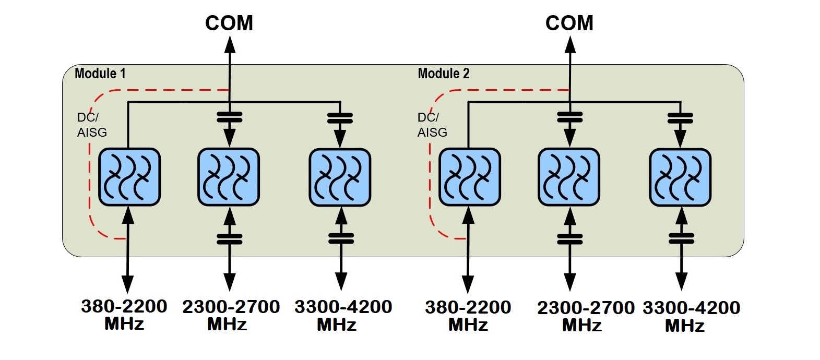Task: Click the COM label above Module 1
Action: [229, 23]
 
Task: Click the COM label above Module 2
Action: [569, 23]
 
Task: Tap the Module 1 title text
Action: [100, 74]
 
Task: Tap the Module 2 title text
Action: [444, 74]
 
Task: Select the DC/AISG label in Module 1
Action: [92, 125]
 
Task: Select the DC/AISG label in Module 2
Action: [432, 125]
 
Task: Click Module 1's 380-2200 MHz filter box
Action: [129, 177]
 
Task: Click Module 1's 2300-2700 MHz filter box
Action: [229, 177]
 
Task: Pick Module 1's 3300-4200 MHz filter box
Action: [340, 177]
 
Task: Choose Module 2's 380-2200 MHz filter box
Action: [470, 177]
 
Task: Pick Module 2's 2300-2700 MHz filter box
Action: [569, 177]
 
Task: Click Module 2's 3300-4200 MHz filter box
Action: [680, 177]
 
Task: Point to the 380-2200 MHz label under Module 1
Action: [124, 315]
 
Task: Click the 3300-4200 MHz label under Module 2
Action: [691, 316]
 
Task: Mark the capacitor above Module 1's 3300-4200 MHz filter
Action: [340, 118]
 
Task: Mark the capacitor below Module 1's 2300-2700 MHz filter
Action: [230, 238]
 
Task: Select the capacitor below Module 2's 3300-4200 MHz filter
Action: [681, 238]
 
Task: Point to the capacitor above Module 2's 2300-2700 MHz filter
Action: [570, 117]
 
